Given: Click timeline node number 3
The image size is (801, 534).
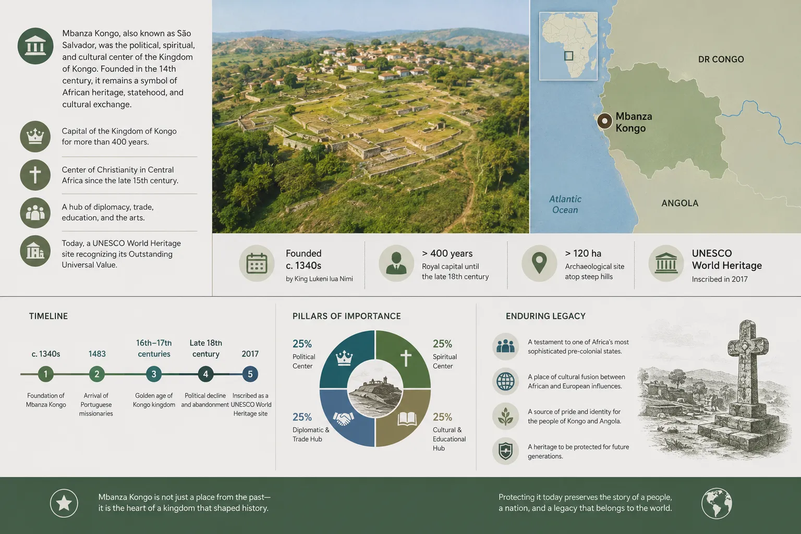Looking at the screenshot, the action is click(x=154, y=374).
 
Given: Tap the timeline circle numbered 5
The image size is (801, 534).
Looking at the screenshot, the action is click(x=250, y=374).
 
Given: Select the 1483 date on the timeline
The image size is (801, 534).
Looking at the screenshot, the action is click(x=97, y=354).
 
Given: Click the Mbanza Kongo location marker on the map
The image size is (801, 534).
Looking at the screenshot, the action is click(x=605, y=121).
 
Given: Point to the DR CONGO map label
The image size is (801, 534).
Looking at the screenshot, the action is click(x=721, y=59).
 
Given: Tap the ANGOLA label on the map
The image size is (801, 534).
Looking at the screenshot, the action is click(x=680, y=203).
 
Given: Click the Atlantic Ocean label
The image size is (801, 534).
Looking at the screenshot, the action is click(x=565, y=204).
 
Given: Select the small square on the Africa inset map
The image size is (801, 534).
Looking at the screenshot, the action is click(x=568, y=55).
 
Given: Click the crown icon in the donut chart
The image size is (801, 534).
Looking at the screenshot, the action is click(x=344, y=358).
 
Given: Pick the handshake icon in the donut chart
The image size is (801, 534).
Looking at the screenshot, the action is click(x=343, y=418).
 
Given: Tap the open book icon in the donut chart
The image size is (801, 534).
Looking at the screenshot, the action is click(x=407, y=419).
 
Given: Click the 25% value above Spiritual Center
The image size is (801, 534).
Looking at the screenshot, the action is click(x=442, y=344).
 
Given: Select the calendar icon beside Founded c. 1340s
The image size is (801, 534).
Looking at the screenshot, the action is click(x=257, y=263).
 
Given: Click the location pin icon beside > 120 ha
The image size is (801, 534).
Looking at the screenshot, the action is click(x=539, y=263).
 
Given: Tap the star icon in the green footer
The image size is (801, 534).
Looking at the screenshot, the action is click(x=64, y=503).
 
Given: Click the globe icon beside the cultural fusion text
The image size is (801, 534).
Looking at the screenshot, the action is click(x=505, y=381).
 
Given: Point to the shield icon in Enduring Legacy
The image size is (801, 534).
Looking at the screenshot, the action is click(x=505, y=451).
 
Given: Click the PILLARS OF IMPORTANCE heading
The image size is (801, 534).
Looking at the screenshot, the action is click(x=346, y=316).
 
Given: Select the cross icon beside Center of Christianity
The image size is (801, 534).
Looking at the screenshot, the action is click(x=35, y=175).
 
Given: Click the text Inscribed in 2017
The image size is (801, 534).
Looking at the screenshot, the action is click(x=720, y=280).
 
